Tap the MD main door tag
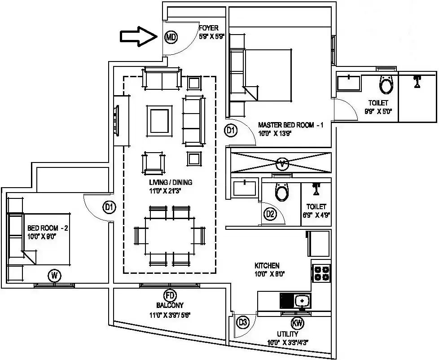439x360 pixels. point(171,37)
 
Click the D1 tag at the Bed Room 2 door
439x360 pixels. point(109,207)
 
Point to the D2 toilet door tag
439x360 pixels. point(270,214)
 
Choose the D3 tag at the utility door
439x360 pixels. point(243,322)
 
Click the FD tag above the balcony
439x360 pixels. point(170,295)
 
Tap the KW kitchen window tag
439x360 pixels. point(297,322)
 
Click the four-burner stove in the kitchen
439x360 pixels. point(321,273)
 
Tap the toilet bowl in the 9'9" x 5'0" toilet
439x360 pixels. point(386,84)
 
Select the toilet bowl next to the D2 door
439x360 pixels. point(282,192)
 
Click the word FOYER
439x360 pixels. point(209,28)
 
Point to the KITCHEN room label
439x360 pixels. point(267,266)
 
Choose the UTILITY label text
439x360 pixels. point(287,334)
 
